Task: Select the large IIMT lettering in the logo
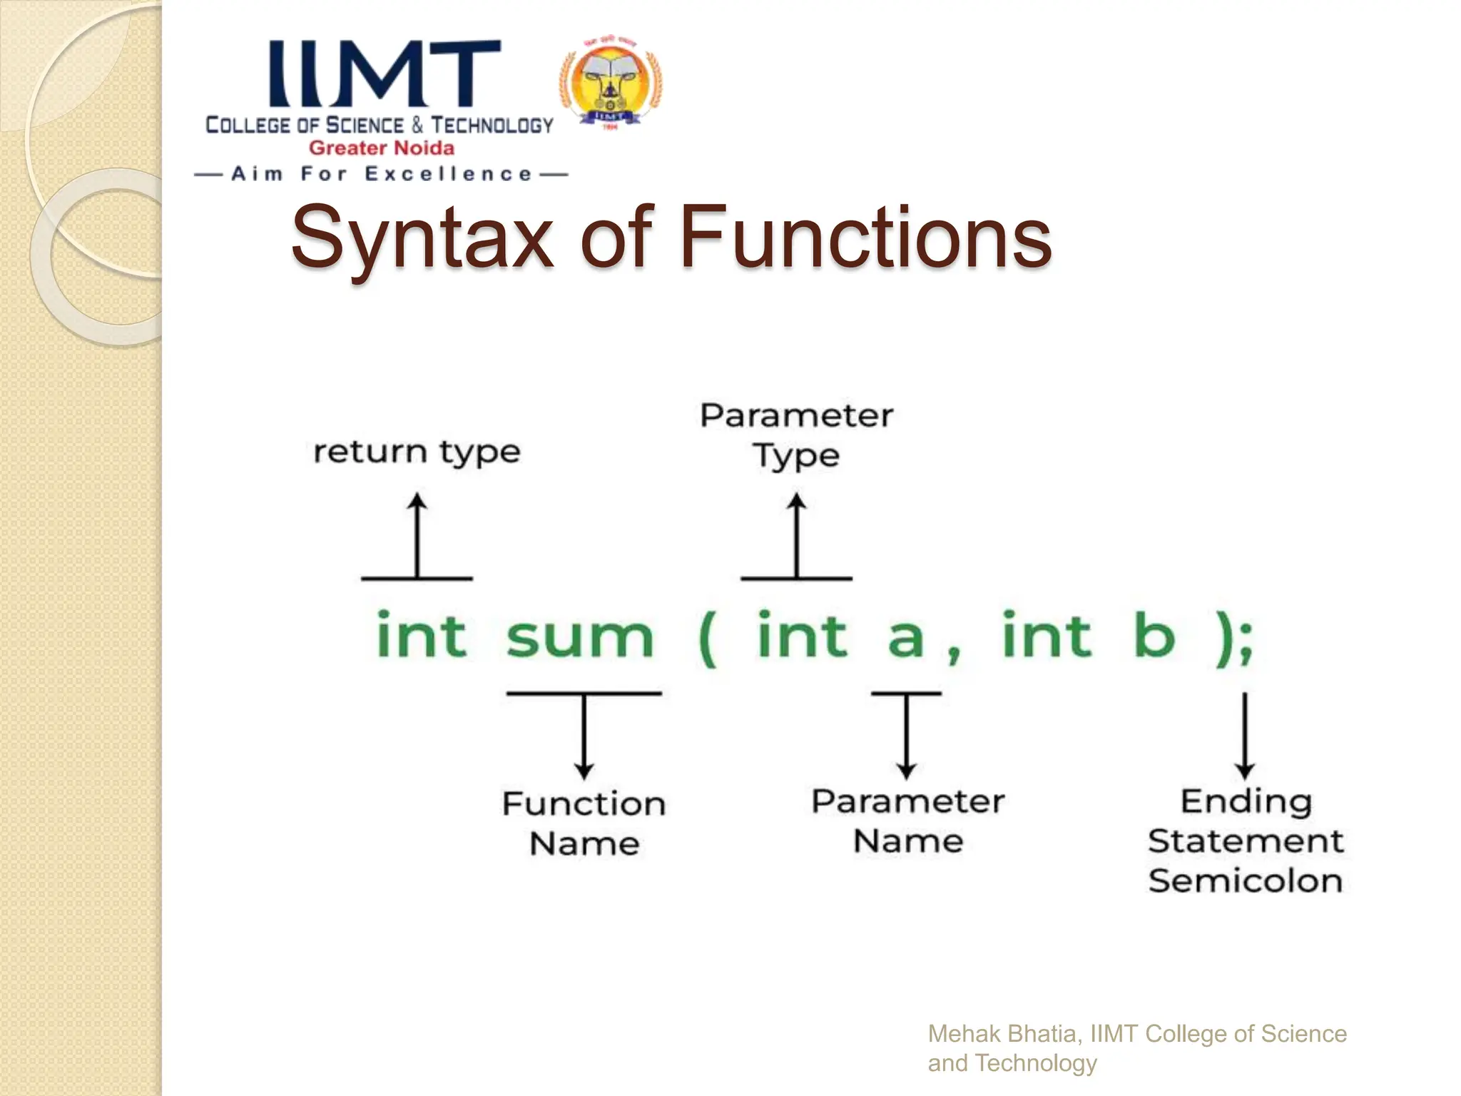click(x=384, y=73)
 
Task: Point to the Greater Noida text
click(x=381, y=148)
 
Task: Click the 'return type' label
click(x=417, y=452)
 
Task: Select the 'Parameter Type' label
click(x=796, y=435)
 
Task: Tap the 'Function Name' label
click(x=584, y=823)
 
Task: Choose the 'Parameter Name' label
click(x=907, y=821)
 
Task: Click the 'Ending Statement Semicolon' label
click(x=1246, y=841)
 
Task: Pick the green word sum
click(x=579, y=636)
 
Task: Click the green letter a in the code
click(x=905, y=637)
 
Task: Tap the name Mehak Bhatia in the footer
click(x=1002, y=1033)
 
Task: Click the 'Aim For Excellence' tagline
click(x=381, y=174)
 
